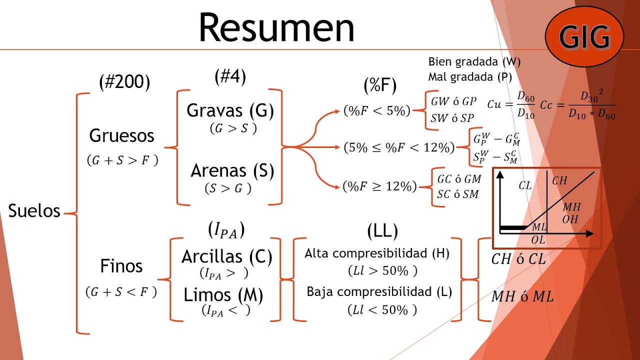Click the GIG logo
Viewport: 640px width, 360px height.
click(x=584, y=36)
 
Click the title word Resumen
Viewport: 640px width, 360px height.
click(x=276, y=27)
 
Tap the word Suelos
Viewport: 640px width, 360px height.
click(x=34, y=211)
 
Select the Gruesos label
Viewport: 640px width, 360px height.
click(x=121, y=135)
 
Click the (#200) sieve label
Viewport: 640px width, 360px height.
click(x=124, y=82)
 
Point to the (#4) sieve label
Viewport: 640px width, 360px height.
click(x=230, y=76)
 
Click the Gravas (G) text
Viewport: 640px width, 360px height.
click(x=230, y=111)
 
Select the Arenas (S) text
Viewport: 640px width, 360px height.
click(x=232, y=171)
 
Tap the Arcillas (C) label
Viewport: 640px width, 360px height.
click(x=227, y=256)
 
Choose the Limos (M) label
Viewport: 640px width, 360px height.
click(x=223, y=295)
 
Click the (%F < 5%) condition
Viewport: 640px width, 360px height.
click(x=377, y=110)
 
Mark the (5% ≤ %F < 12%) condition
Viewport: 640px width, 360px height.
click(x=399, y=147)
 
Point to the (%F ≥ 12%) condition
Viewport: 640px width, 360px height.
click(x=379, y=186)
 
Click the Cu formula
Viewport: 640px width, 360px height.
click(x=511, y=105)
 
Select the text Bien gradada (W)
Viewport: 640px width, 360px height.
click(x=474, y=61)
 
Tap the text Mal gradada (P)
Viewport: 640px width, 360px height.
click(x=470, y=77)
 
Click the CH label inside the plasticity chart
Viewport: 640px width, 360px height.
click(x=559, y=180)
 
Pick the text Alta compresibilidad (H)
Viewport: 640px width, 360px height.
click(x=377, y=253)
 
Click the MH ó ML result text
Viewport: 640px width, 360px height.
click(x=522, y=296)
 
